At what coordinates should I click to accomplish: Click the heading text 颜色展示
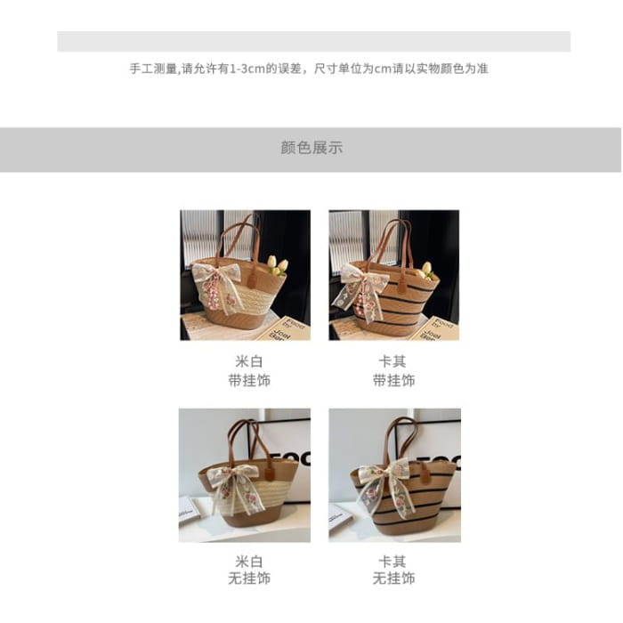(x=311, y=148)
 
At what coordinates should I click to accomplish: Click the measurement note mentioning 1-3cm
(x=309, y=69)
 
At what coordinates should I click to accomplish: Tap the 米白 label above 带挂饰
(x=249, y=361)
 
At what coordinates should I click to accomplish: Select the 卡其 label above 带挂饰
(x=392, y=361)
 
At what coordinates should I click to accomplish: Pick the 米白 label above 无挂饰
(x=249, y=562)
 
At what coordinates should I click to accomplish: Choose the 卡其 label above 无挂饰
(x=392, y=562)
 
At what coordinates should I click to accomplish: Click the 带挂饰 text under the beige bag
(x=249, y=380)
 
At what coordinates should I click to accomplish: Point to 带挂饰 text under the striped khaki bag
(x=393, y=380)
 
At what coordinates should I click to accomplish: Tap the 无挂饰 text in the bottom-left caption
(x=249, y=578)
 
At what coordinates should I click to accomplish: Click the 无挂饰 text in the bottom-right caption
(x=393, y=578)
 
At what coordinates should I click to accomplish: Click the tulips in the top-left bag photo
(x=278, y=265)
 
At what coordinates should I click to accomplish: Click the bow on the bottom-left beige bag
(x=233, y=486)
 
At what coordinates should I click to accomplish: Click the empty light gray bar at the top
(x=313, y=41)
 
